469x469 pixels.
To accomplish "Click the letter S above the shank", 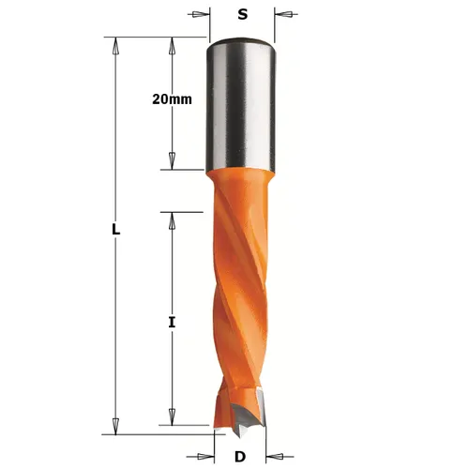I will [x=242, y=14].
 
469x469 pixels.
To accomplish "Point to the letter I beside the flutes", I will [x=171, y=322].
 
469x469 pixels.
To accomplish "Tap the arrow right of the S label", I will [x=284, y=14].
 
